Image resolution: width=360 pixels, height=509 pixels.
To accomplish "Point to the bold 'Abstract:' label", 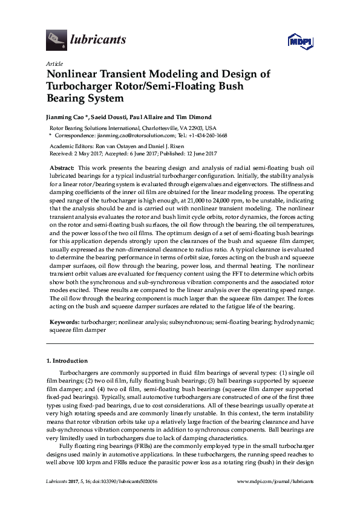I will [x=62, y=166].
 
